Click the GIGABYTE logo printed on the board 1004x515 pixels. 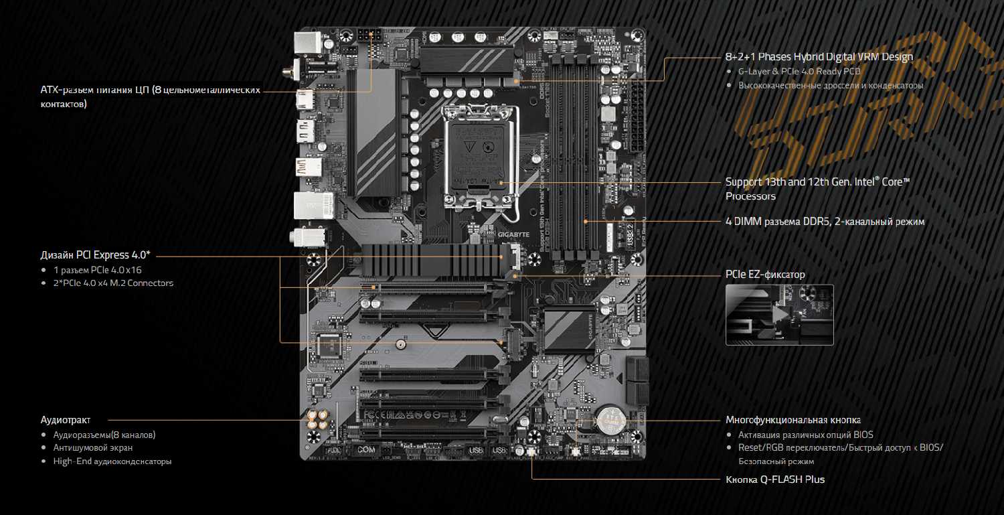pos(513,235)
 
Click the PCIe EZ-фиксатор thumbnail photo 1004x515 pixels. pos(779,315)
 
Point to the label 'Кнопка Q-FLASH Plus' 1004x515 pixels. pos(775,480)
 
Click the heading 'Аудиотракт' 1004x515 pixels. pos(66,420)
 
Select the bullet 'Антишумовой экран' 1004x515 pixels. pos(93,447)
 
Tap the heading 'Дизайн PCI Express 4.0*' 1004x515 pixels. pos(96,254)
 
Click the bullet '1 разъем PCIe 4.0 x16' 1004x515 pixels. pos(98,270)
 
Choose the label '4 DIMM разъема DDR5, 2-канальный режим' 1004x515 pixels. pos(825,221)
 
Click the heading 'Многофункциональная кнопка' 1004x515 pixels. pos(793,420)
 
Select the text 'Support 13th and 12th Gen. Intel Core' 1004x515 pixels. pos(817,182)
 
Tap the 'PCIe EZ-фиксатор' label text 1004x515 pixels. pos(765,275)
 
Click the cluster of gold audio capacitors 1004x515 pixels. pos(318,420)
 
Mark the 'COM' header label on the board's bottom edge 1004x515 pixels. pos(366,450)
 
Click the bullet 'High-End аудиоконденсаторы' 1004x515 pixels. pos(112,461)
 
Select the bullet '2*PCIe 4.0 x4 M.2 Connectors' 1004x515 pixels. pos(113,283)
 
